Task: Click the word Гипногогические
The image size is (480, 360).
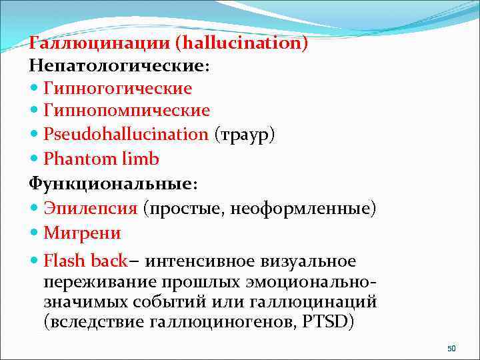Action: (x=118, y=89)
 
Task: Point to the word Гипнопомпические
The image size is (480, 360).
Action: (x=127, y=111)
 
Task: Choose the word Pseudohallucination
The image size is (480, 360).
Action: (x=126, y=134)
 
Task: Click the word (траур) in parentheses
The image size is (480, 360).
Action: (x=245, y=134)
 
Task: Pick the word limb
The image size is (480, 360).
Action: (x=141, y=159)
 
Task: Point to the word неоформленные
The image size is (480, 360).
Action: (x=303, y=209)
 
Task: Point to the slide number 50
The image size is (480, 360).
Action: (x=451, y=349)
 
